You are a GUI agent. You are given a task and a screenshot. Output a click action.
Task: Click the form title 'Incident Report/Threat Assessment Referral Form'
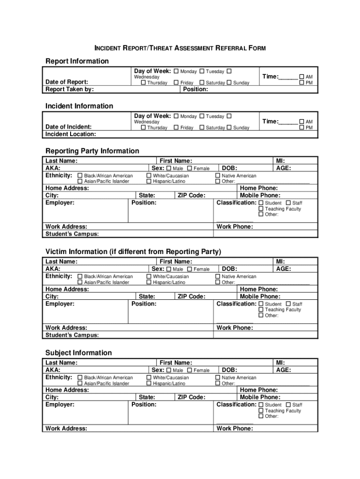[x=180, y=48]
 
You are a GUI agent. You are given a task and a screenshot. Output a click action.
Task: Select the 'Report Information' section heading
[x=77, y=61]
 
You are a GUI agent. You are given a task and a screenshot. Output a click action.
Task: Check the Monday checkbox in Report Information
[x=176, y=72]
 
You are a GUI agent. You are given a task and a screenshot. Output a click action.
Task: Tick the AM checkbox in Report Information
[x=302, y=77]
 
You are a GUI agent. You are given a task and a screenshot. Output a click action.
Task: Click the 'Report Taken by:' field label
[x=69, y=89]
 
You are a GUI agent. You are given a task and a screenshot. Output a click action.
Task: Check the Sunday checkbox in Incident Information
[x=229, y=128]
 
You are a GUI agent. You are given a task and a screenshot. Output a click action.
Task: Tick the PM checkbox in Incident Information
[x=302, y=128]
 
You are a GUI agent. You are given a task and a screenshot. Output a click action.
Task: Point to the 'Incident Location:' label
[x=71, y=134]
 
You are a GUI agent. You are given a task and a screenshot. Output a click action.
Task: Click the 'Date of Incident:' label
[x=68, y=127]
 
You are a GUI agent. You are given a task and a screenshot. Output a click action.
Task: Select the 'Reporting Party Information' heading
[x=92, y=151]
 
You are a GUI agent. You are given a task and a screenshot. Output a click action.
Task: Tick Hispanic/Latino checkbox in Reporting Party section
[x=149, y=181]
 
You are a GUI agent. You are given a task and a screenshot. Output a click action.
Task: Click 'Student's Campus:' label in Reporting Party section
[x=72, y=234]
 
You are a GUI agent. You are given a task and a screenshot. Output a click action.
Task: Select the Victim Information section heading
[x=133, y=252]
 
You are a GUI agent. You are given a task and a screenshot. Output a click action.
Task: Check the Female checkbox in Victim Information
[x=189, y=269]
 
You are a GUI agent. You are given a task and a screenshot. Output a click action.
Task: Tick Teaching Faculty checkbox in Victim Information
[x=261, y=310]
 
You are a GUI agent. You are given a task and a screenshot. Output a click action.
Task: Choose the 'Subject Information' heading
[x=79, y=353]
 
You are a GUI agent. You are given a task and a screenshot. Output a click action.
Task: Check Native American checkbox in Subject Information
[x=217, y=377]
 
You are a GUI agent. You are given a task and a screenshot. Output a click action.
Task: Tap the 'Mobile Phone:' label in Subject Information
[x=260, y=397]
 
